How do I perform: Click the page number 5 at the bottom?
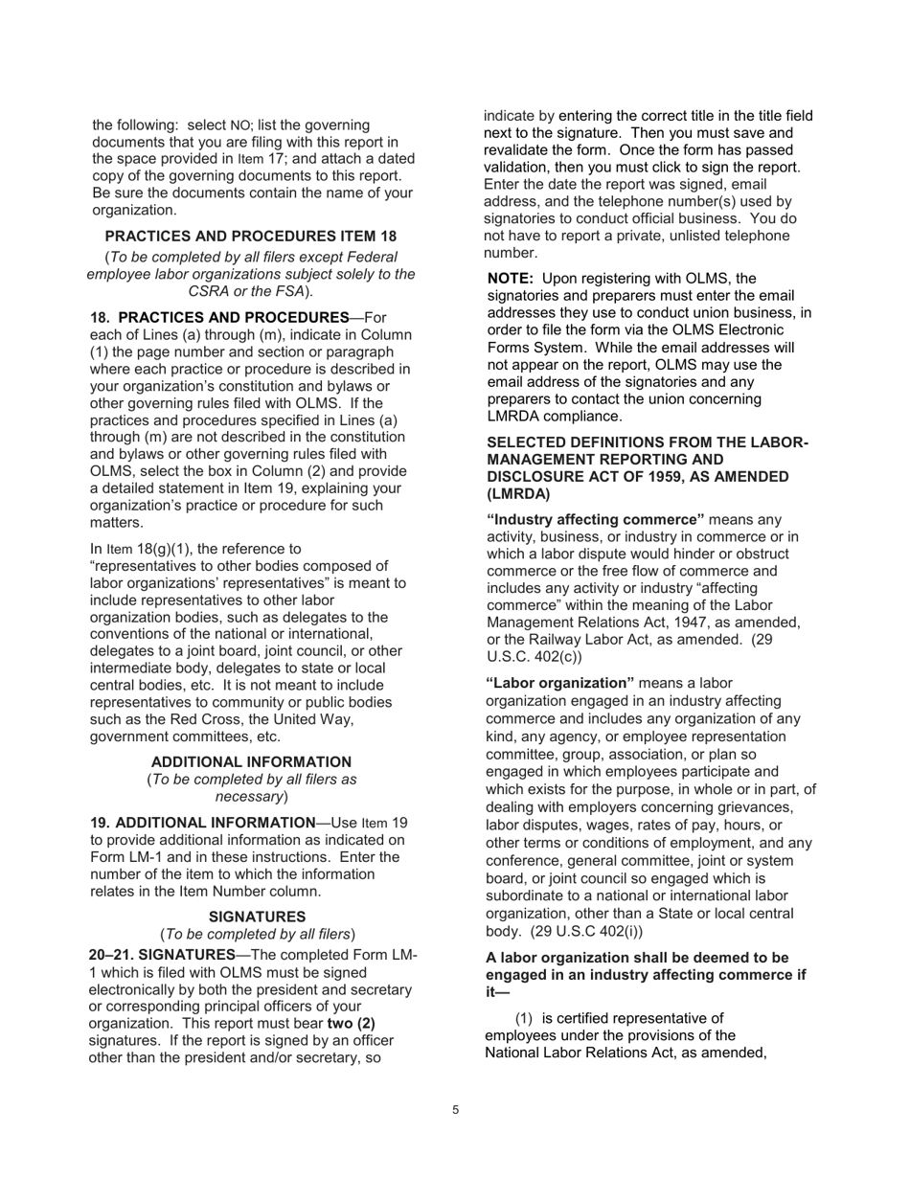[455, 1110]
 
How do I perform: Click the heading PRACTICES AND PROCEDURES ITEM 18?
[250, 236]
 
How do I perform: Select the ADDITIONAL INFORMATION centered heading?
[251, 761]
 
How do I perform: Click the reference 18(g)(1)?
[167, 549]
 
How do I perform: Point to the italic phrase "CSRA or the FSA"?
[246, 291]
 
